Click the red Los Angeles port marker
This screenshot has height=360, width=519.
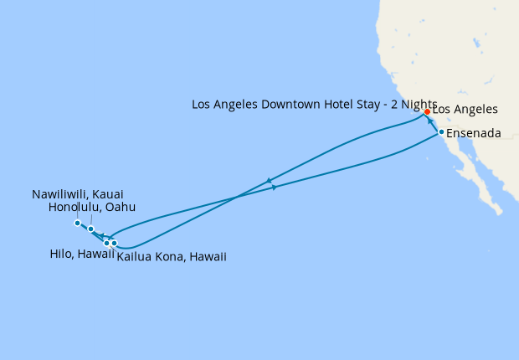(x=427, y=111)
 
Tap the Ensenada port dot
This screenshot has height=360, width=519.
(x=441, y=131)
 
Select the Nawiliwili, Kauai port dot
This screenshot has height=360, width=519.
(x=77, y=223)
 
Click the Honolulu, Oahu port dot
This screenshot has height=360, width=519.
(x=90, y=229)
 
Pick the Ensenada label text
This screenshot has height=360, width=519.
(x=475, y=133)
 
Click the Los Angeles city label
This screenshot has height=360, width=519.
(x=465, y=110)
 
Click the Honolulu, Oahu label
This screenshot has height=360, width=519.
(x=92, y=207)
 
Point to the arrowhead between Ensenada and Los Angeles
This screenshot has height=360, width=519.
(x=434, y=121)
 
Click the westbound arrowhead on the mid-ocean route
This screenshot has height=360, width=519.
(x=269, y=180)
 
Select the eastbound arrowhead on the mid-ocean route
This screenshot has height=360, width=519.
(x=275, y=188)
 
